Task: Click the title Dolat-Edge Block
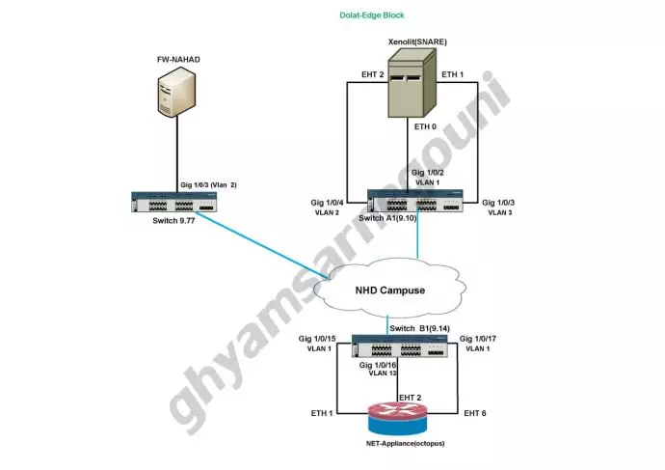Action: pyautogui.click(x=372, y=15)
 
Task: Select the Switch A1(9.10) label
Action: pyautogui.click(x=387, y=220)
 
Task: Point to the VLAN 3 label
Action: pyautogui.click(x=502, y=211)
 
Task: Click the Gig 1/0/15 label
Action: pyautogui.click(x=317, y=339)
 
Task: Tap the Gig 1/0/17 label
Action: pyautogui.click(x=479, y=338)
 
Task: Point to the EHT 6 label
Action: pyautogui.click(x=476, y=413)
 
